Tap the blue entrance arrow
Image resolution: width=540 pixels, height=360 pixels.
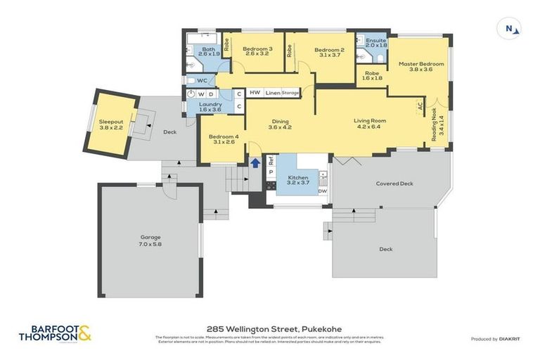coord(255,163)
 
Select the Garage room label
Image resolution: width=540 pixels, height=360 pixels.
coord(150,240)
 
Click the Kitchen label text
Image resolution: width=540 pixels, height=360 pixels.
coord(298,179)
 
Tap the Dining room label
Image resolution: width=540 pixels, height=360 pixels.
coord(281,124)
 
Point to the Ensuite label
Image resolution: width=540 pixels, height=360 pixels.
coord(376,43)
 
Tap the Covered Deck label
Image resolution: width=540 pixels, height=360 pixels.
coord(394,184)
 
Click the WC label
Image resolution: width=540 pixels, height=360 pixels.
coord(202,81)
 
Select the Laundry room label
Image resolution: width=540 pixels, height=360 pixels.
coord(210,106)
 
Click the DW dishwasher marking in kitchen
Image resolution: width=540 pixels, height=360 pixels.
coord(322,191)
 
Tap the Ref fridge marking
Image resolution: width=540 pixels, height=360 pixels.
coord(271,160)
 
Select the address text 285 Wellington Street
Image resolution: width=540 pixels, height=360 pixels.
coord(270,328)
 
